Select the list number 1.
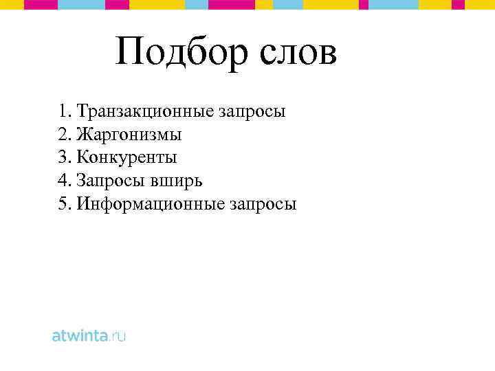pos(63,111)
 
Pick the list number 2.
pos(63,135)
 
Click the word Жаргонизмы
pos(129,135)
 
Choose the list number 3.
pos(63,158)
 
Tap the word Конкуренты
pos(126,158)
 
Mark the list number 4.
pos(63,181)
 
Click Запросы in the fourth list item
pos(109,181)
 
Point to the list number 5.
pos(63,205)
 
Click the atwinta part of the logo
pos(80,337)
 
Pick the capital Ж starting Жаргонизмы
pos(84,135)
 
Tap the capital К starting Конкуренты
pos(82,158)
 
